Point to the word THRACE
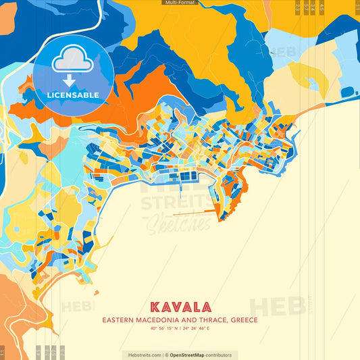pos(210,320)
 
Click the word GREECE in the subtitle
pos(245,320)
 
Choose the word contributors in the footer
pos(219,355)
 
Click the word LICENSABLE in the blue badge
pos(73,95)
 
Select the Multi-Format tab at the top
pos(180,3)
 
